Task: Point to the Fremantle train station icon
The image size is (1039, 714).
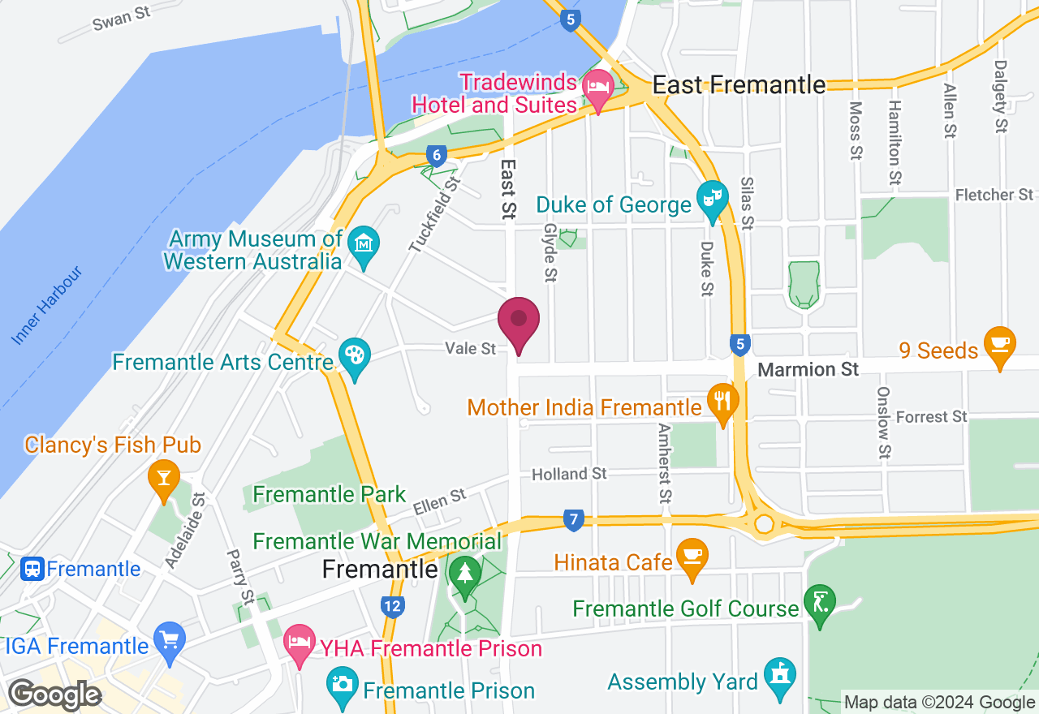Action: tap(33, 569)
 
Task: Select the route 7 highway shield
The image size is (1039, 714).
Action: tap(573, 519)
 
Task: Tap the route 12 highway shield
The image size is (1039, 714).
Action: tap(393, 605)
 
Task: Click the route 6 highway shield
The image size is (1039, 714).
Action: tap(437, 155)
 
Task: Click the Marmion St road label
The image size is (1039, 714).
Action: tap(808, 370)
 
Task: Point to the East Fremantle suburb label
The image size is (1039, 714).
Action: tap(739, 84)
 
